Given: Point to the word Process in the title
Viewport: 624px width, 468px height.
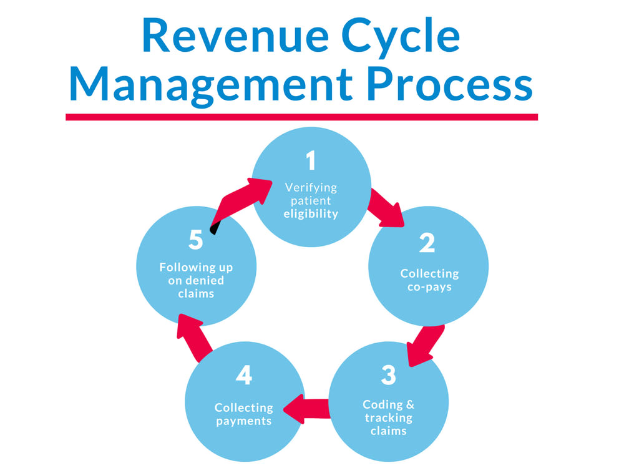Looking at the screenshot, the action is coord(450,84).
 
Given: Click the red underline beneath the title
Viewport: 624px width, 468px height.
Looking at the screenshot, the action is coord(301,117).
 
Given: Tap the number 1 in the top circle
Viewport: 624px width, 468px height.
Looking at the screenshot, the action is coord(311,160).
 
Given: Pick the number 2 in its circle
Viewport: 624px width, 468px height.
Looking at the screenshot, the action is coord(427,243).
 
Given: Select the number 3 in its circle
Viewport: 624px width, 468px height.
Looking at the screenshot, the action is coord(388,375).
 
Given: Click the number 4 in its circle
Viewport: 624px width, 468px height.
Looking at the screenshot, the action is coord(244,375).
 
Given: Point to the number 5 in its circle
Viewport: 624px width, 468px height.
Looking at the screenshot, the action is coord(196,240).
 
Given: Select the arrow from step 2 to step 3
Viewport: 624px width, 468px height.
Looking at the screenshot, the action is coord(424,346).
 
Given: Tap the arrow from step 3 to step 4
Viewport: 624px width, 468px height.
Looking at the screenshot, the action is coord(306,409).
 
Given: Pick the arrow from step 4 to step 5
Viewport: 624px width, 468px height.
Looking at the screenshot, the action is coord(194,337).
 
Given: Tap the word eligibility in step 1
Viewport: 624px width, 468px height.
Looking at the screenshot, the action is coord(311,213).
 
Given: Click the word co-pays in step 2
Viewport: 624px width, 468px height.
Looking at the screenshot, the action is coord(429,287).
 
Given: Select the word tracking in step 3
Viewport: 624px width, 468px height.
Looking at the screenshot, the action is coord(388,418).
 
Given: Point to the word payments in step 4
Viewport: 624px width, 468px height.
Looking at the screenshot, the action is coord(244,421).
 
